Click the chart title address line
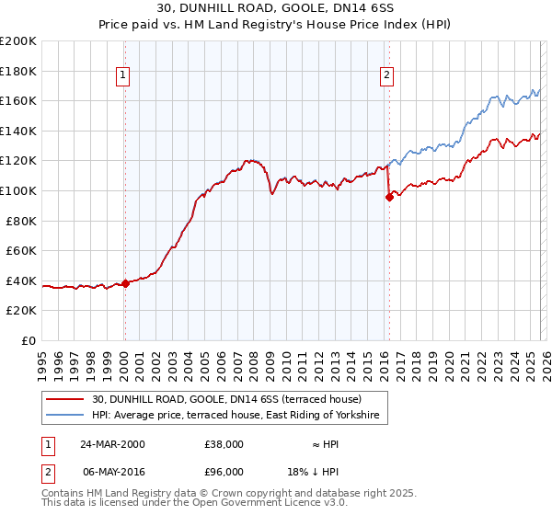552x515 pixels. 277,8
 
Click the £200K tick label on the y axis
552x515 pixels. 18,41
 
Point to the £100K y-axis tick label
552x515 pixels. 18,190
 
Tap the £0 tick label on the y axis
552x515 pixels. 29,340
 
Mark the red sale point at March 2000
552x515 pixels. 125,283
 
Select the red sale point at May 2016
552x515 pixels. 388,197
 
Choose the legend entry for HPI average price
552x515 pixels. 240,417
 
